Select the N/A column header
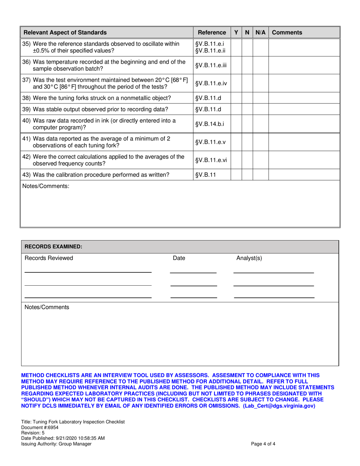(260, 33)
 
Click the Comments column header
(287, 33)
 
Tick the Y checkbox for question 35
(236, 47)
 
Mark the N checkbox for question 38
(247, 98)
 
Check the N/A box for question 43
(260, 175)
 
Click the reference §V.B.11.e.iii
(211, 65)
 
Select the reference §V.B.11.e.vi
(211, 160)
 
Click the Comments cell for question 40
(304, 124)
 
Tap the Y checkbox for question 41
(236, 142)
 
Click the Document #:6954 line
(38, 427)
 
